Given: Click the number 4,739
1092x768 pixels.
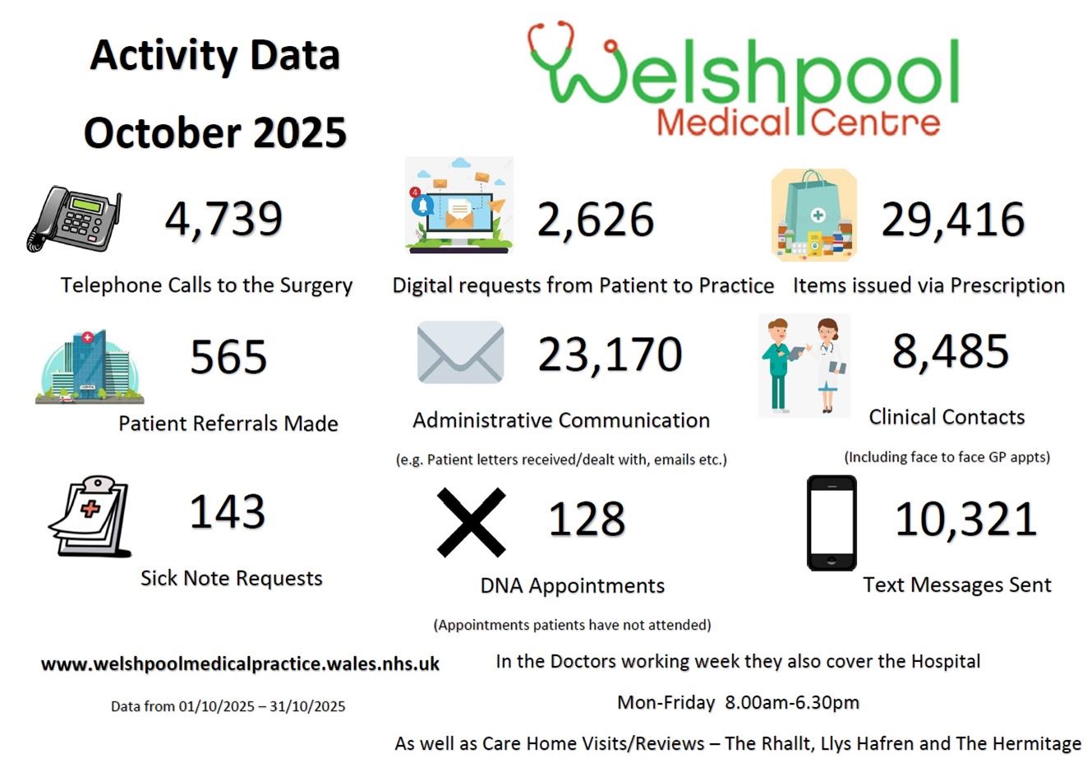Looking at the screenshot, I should tap(223, 219).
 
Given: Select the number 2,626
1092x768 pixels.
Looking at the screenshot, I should tap(596, 220).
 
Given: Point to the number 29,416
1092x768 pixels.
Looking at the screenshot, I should tap(952, 220).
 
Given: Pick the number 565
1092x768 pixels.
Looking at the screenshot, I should tap(228, 357).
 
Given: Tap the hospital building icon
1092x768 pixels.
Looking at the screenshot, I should tap(90, 367).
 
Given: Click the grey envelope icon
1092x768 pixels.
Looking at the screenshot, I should tap(460, 353).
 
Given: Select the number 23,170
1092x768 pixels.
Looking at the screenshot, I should tap(610, 354).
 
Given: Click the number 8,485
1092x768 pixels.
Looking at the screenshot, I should tap(950, 352).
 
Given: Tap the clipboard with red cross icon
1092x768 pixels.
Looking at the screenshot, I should tap(91, 516).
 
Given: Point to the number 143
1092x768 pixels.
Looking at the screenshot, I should tap(228, 511).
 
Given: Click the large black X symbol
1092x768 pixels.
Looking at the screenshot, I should tap(471, 522).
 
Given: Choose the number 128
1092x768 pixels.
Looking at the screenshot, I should tap(587, 520).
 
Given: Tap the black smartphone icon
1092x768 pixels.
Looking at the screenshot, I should tap(832, 523).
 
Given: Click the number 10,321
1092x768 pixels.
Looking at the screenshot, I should tap(965, 520).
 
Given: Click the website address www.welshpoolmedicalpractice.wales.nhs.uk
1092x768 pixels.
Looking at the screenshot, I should tap(240, 664).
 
